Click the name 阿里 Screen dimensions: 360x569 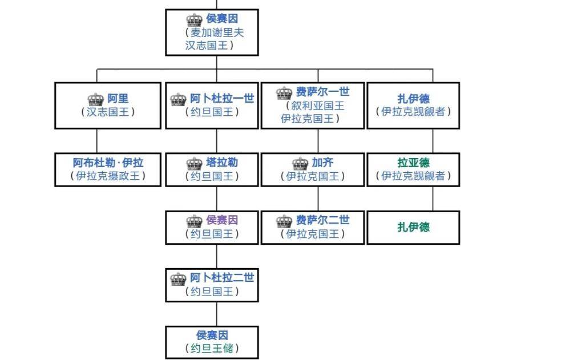click(118, 99)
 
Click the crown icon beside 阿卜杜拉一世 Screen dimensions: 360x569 click(179, 99)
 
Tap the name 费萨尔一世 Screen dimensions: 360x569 click(322, 92)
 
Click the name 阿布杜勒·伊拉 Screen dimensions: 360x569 click(108, 163)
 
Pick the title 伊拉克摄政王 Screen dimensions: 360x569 click(108, 176)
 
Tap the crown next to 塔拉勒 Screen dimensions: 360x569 click(195, 164)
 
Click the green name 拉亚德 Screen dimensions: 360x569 click(413, 163)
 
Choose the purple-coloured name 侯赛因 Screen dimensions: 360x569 click(222, 220)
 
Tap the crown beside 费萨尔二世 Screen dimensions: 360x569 click(284, 221)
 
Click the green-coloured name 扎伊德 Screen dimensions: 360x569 click(413, 227)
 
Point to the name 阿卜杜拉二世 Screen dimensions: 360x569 click(222, 278)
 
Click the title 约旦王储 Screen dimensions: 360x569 click(212, 348)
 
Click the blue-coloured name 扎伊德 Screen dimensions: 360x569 click(413, 99)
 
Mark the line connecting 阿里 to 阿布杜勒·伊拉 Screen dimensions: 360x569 click(96, 141)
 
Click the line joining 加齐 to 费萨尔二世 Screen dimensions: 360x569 click(318, 199)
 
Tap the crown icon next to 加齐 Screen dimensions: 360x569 click(300, 164)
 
